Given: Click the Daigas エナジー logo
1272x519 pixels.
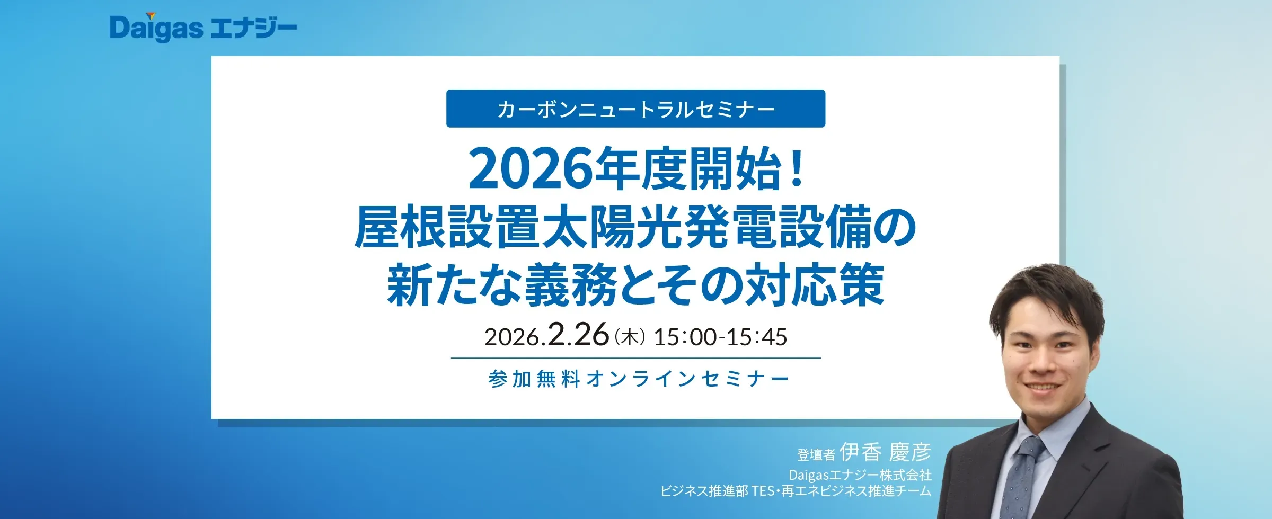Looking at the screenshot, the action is pos(203,28).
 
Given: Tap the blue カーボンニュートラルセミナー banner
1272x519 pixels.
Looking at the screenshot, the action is pos(635,109).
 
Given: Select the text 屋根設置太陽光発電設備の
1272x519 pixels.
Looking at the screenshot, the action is pos(635,228).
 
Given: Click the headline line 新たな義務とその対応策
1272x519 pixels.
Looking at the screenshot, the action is pos(635,285).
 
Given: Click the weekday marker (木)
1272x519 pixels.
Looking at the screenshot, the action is pos(630,337).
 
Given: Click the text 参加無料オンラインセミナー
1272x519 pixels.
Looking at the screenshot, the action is pos(639,379).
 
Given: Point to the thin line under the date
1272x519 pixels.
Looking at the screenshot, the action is pos(636,358).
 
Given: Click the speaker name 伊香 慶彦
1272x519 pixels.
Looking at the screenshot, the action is pos(885,452).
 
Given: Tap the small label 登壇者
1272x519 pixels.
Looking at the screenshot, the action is pos(816,454).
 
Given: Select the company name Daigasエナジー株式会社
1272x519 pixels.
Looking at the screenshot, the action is pos(860,475).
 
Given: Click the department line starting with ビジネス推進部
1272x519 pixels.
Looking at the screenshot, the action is pos(796,491).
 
